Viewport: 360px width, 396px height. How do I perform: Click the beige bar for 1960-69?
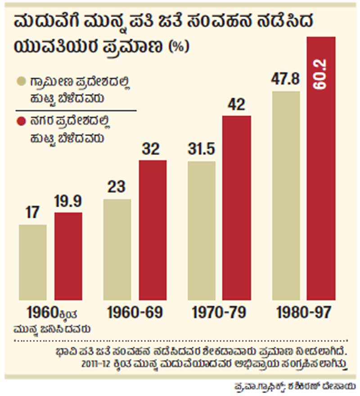coord(117,250)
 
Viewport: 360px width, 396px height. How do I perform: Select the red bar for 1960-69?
coord(152,230)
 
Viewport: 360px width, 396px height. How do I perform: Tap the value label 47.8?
coord(286,80)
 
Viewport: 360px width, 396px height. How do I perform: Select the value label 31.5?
coord(201,150)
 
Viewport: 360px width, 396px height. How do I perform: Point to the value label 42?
coord(237,105)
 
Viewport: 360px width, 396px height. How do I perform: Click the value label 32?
coord(152,149)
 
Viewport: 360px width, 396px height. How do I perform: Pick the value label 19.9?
coord(68,201)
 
